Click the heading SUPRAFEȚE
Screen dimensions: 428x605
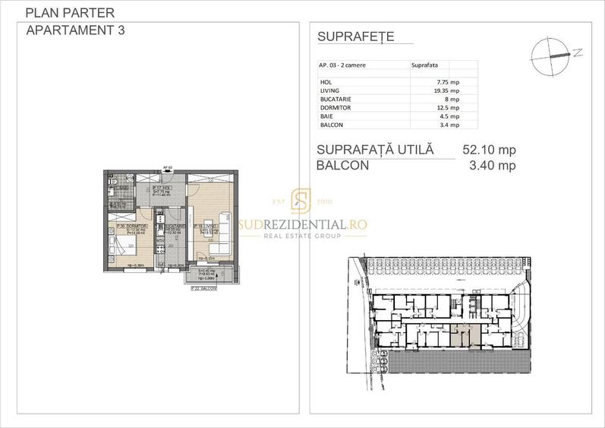click(354, 37)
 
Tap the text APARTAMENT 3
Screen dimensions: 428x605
click(75, 31)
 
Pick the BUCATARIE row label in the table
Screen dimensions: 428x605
click(337, 99)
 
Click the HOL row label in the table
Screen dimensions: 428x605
click(326, 81)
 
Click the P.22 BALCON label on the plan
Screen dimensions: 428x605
click(203, 289)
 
